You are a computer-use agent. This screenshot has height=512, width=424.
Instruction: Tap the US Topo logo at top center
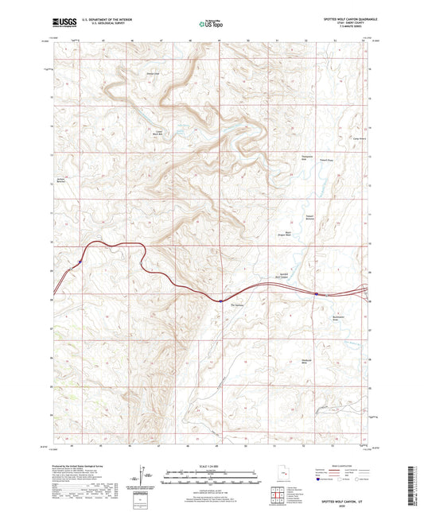210,24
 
